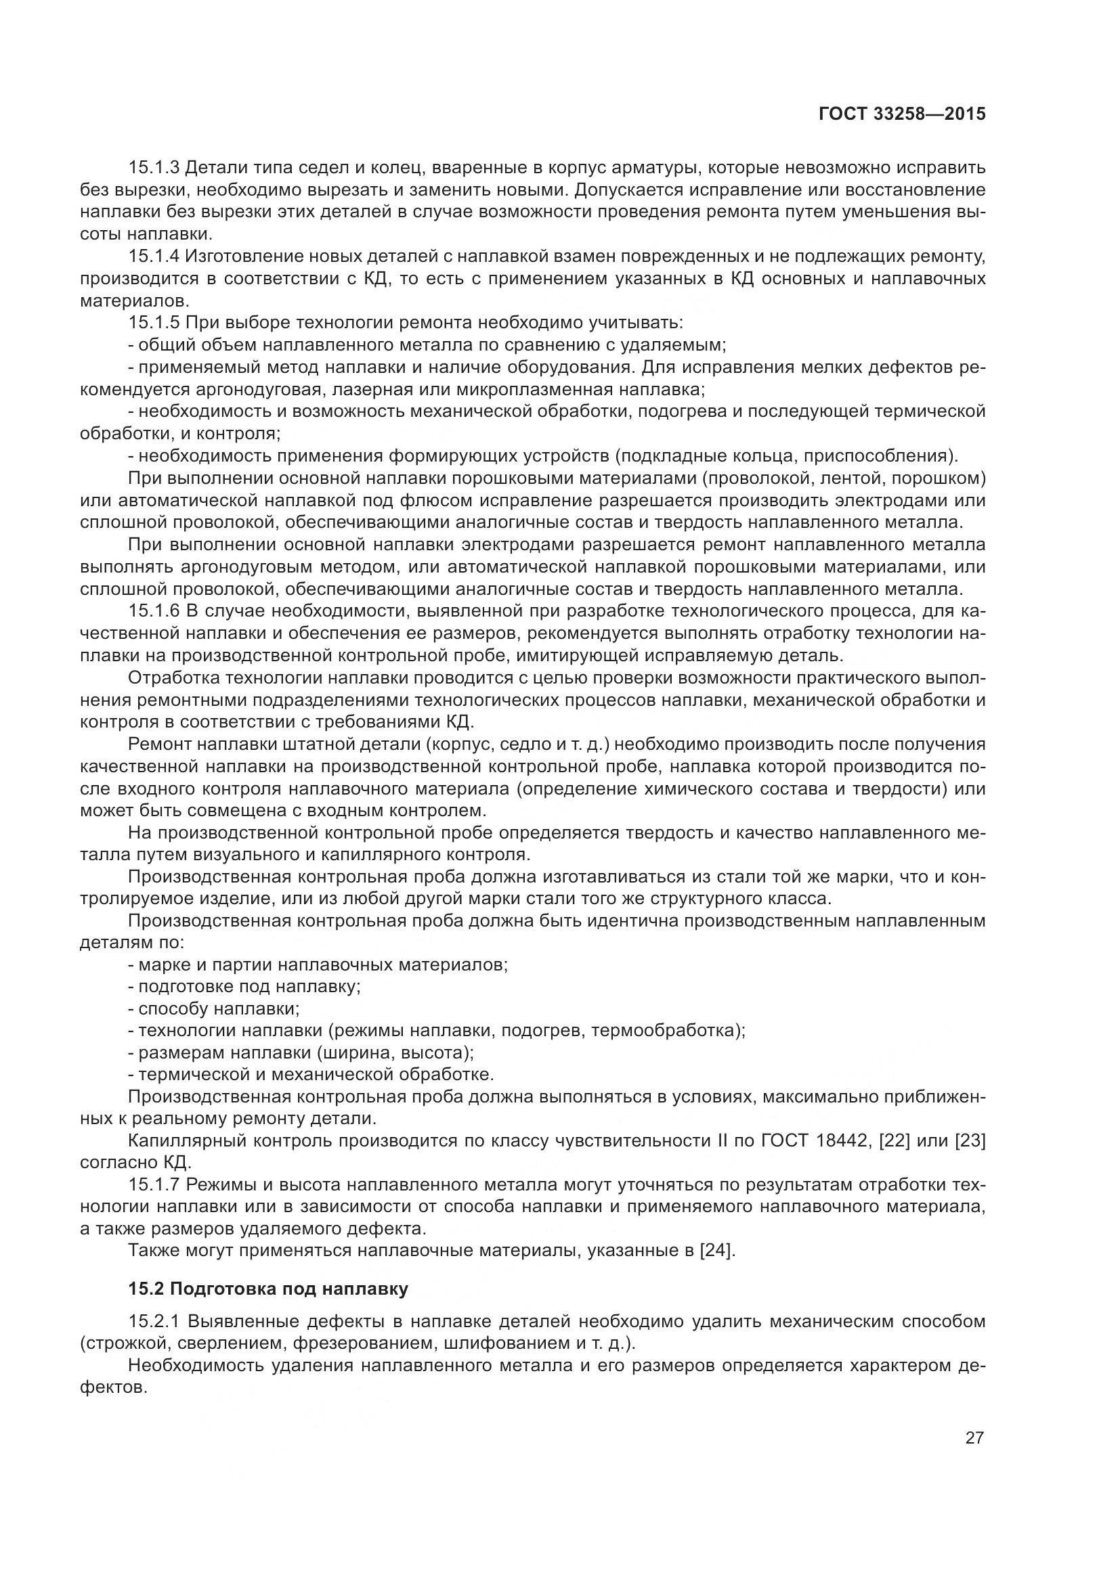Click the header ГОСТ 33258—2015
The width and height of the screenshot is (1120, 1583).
coord(902,114)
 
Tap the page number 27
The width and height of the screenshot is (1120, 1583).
coord(974,1438)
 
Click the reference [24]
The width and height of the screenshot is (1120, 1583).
coord(717,1250)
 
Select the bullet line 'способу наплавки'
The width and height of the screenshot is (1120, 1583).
coord(219,1008)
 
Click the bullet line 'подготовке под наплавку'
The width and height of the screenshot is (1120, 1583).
coord(249,987)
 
